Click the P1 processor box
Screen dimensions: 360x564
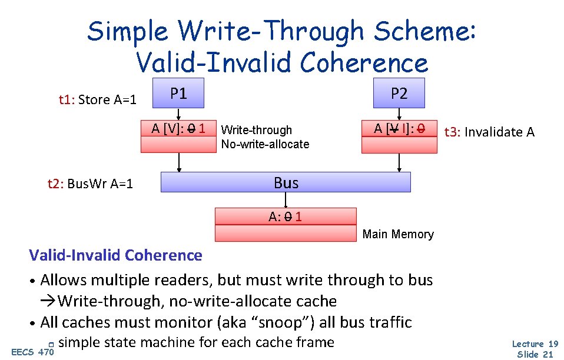pos(178,93)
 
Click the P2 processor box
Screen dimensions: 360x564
pos(399,93)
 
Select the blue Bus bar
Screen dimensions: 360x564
pos(286,183)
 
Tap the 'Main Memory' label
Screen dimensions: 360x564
pos(398,234)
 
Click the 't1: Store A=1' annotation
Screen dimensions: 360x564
pos(97,99)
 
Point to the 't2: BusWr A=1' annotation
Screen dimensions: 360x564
pos(90,184)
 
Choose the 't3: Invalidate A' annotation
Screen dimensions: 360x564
pos(489,132)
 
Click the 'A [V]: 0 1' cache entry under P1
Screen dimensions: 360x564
pos(178,128)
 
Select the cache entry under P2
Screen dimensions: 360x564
pos(399,128)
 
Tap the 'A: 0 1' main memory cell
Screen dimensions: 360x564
pos(286,216)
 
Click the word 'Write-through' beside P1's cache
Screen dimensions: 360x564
pos(256,130)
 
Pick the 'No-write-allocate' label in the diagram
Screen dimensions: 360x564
pos(265,144)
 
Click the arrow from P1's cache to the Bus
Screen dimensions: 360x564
pos(179,163)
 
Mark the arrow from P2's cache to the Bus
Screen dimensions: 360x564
pos(400,163)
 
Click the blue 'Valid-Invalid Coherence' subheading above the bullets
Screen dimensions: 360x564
pos(115,255)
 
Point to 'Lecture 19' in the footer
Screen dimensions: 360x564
pos(535,344)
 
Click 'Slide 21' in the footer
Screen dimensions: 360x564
pos(535,354)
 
